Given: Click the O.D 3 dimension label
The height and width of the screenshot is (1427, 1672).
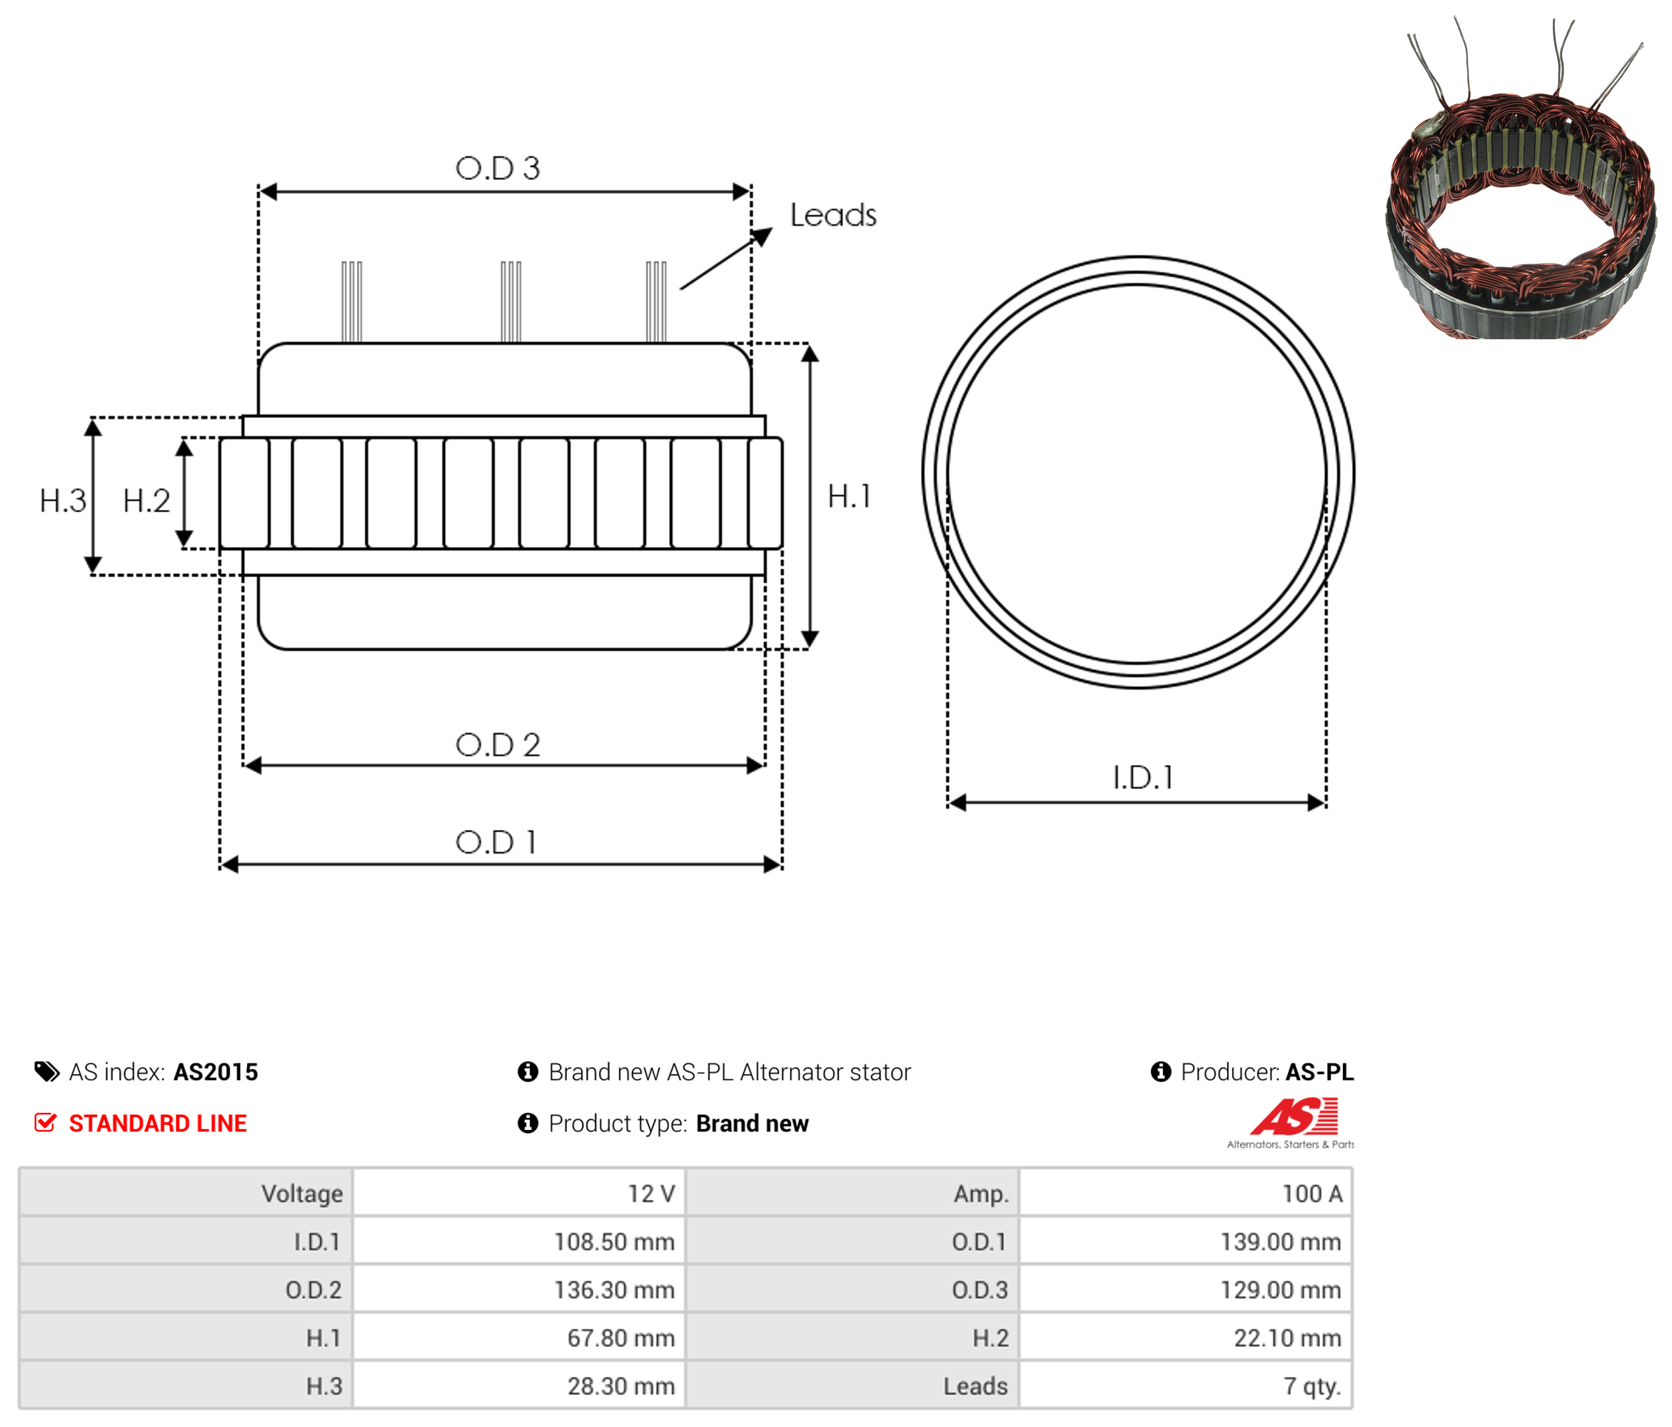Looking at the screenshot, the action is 497,168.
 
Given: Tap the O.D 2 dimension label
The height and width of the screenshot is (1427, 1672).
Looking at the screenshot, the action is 497,744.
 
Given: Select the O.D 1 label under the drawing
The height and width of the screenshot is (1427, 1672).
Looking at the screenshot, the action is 495,842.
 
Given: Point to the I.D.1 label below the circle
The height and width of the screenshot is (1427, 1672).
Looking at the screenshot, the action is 1143,777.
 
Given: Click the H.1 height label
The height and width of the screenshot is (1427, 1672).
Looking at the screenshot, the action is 849,496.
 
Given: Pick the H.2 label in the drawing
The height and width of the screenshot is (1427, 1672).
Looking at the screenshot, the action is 146,501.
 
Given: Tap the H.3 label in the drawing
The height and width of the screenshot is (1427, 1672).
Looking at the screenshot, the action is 63,501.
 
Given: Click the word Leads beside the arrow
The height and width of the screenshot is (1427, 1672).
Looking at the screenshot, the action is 832,215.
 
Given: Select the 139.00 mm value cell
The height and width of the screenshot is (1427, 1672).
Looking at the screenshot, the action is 1280,1241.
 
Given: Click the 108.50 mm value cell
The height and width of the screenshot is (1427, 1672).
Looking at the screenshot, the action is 613,1241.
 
